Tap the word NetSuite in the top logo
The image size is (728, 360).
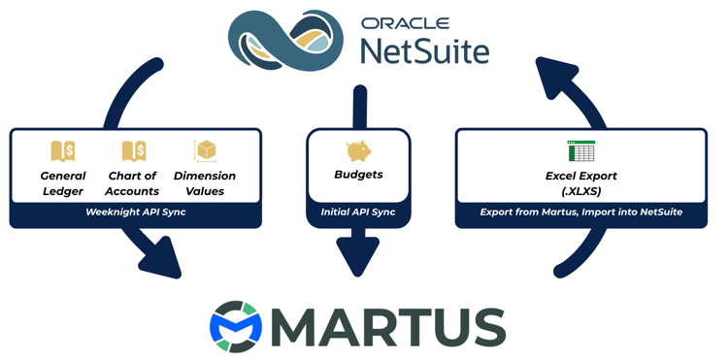[x=423, y=49]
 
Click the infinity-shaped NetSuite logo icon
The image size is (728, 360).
[x=284, y=40]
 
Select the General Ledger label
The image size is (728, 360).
[x=63, y=183]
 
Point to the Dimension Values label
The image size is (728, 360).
[x=205, y=183]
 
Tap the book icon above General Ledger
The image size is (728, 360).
[x=63, y=150]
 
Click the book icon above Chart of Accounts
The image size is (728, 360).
[x=133, y=150]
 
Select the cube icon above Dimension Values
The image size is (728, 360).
[x=205, y=150]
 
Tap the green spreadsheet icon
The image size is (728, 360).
[x=580, y=150]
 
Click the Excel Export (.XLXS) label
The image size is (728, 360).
[x=581, y=183]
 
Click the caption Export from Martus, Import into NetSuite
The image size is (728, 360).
[x=581, y=213]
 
